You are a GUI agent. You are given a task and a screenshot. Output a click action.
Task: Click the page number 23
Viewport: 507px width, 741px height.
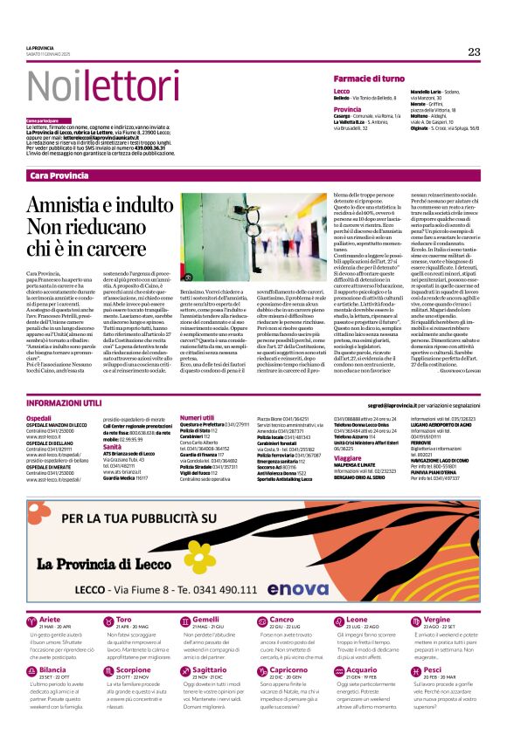[474, 51]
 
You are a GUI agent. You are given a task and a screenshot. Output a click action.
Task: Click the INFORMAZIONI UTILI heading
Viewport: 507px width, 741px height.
[64, 403]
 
